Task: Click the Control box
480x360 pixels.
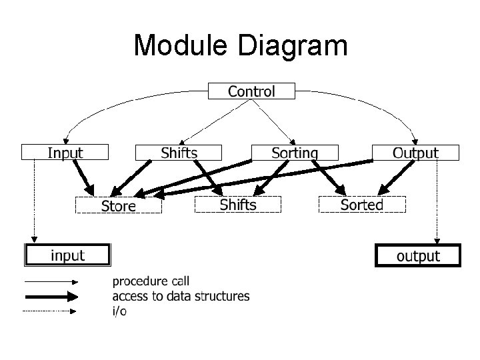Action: [251, 91]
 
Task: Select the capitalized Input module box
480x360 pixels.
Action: [65, 153]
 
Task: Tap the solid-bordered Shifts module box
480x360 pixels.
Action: [179, 153]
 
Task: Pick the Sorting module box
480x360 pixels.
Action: [294, 153]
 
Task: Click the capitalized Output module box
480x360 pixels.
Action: [415, 153]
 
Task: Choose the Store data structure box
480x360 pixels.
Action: [119, 205]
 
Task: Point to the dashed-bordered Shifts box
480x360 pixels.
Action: [237, 205]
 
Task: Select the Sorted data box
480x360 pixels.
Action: [361, 205]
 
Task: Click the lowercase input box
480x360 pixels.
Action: [67, 255]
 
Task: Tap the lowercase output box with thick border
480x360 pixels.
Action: [418, 256]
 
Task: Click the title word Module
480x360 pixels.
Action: [181, 46]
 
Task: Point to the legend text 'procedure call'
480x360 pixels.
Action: [150, 281]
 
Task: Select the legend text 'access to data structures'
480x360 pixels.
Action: [181, 296]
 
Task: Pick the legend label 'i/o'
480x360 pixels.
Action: [120, 311]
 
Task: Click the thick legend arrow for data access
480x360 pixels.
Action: [51, 297]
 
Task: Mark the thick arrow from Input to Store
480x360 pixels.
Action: [86, 178]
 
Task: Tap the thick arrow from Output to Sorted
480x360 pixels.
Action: [391, 177]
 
